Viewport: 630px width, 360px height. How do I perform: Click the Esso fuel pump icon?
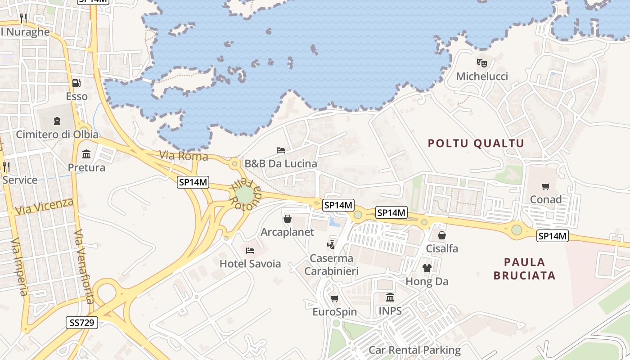pyautogui.click(x=76, y=83)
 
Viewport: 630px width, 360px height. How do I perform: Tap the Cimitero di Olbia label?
pyautogui.click(x=57, y=134)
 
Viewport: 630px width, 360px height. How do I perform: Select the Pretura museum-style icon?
pyautogui.click(x=86, y=155)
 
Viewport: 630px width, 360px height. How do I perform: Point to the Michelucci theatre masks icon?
pyautogui.click(x=482, y=63)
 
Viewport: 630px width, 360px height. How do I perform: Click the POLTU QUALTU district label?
pyautogui.click(x=476, y=144)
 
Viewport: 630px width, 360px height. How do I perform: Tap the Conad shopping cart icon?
pyautogui.click(x=546, y=186)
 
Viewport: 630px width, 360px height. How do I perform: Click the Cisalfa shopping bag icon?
pyautogui.click(x=442, y=235)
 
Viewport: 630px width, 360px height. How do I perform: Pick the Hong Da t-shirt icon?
pyautogui.click(x=427, y=269)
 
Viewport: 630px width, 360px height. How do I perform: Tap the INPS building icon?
pyautogui.click(x=390, y=297)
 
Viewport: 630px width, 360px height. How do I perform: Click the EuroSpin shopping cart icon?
pyautogui.click(x=334, y=298)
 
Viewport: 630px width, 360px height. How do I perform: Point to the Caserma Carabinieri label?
pyautogui.click(x=331, y=265)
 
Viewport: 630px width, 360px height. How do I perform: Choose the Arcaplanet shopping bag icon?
pyautogui.click(x=287, y=219)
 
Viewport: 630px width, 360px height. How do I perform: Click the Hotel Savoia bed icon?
pyautogui.click(x=250, y=250)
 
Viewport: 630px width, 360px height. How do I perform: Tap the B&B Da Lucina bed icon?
pyautogui.click(x=281, y=150)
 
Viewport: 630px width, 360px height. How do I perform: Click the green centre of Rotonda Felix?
pyautogui.click(x=244, y=195)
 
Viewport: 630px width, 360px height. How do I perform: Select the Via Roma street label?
pyautogui.click(x=184, y=156)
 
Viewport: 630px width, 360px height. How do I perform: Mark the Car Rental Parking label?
pyautogui.click(x=414, y=350)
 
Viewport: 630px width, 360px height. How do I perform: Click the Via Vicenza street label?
pyautogui.click(x=44, y=206)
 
